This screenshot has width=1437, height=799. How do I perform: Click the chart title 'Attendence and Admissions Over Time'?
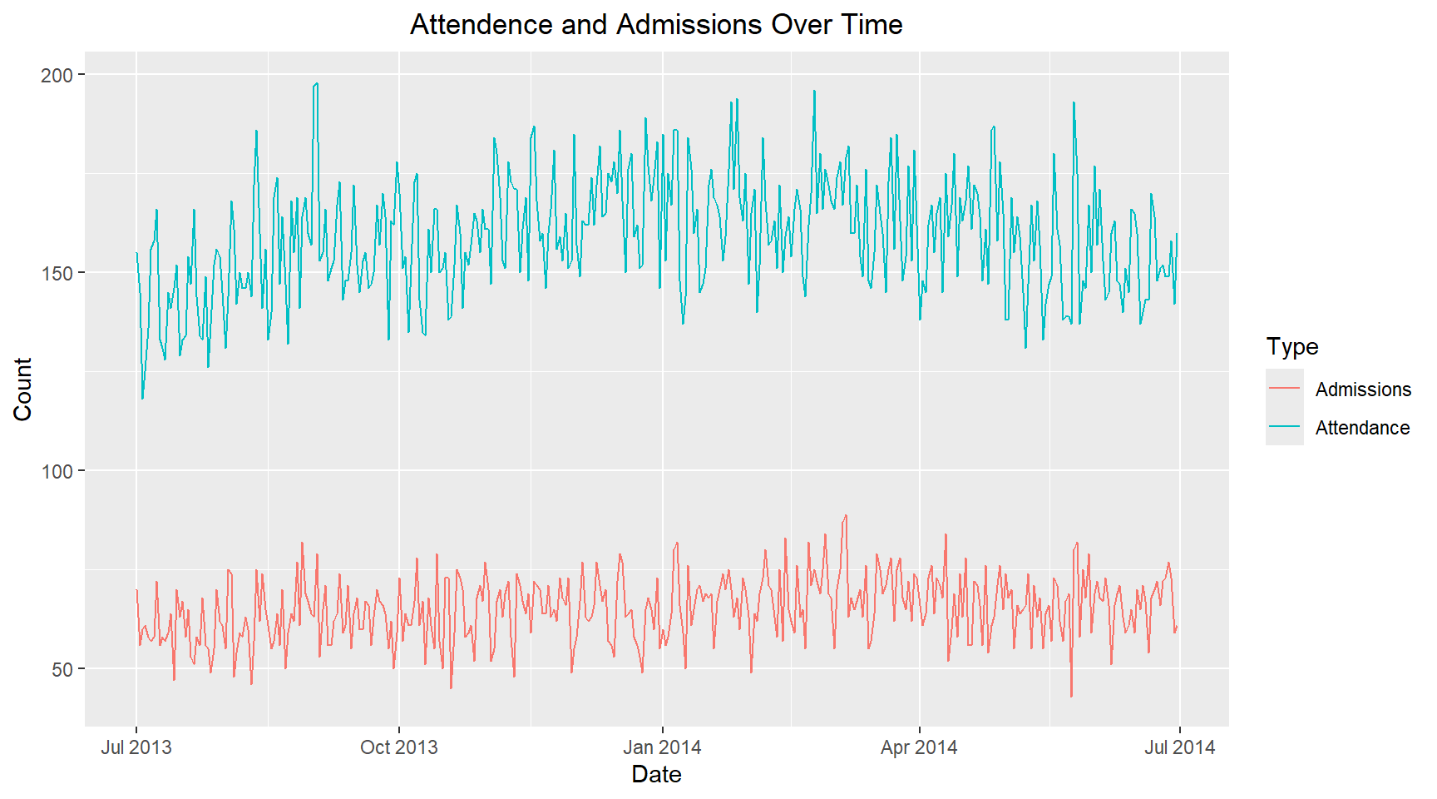click(x=656, y=25)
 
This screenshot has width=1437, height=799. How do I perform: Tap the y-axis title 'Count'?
click(x=22, y=390)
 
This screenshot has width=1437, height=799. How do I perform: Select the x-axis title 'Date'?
click(x=656, y=774)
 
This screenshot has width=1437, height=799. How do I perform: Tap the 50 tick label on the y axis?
click(x=62, y=669)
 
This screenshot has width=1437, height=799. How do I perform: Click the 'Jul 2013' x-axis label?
click(x=136, y=747)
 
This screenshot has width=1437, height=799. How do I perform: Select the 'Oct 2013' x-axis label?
click(x=399, y=747)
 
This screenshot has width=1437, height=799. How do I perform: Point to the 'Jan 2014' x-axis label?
click(x=662, y=747)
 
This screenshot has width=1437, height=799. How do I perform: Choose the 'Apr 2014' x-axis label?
click(x=919, y=747)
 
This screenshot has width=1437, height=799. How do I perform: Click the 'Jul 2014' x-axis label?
click(x=1179, y=747)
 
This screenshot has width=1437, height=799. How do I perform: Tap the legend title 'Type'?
click(x=1292, y=346)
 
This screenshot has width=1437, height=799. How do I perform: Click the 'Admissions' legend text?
click(x=1363, y=390)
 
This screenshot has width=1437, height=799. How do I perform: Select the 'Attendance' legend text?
click(x=1362, y=428)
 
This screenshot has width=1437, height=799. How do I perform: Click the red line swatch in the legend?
click(x=1285, y=389)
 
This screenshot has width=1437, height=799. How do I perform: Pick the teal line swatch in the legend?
click(x=1285, y=427)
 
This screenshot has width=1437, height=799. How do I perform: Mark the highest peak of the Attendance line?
click(x=317, y=83)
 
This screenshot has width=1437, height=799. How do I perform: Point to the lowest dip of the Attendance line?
click(x=142, y=399)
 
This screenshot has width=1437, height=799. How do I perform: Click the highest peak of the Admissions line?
click(x=846, y=515)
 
